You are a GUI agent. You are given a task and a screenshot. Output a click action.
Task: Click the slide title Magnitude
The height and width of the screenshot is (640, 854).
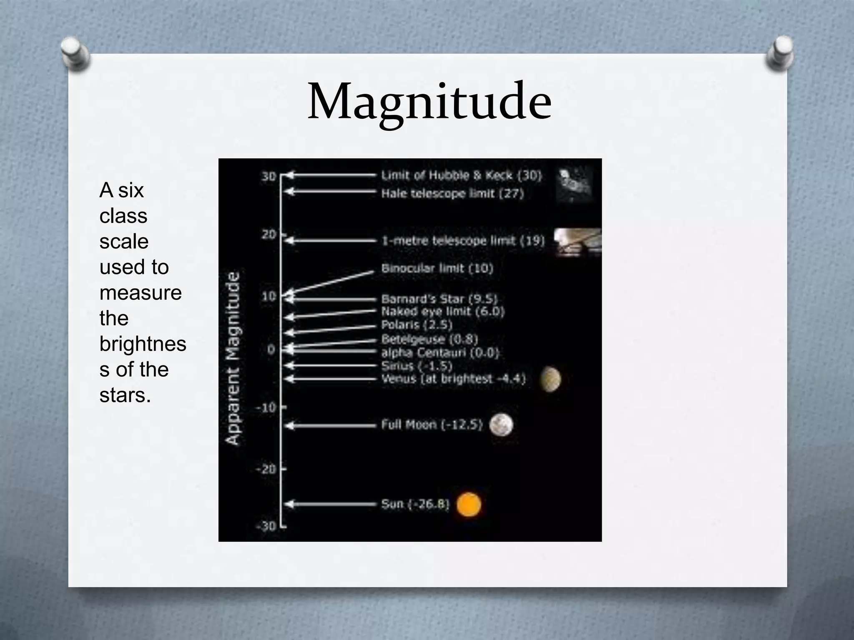(x=430, y=102)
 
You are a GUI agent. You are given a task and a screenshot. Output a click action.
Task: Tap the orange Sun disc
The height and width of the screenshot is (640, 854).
(x=469, y=504)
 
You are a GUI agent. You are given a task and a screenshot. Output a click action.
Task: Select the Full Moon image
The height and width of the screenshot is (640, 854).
(x=501, y=425)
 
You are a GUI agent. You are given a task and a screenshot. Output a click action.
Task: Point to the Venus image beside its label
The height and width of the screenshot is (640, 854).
(x=550, y=379)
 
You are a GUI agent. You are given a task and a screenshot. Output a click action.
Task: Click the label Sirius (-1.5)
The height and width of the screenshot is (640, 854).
(x=417, y=366)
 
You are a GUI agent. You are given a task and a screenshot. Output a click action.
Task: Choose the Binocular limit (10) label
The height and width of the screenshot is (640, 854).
(x=437, y=268)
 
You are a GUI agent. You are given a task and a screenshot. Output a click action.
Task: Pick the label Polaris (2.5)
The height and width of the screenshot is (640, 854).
(x=417, y=324)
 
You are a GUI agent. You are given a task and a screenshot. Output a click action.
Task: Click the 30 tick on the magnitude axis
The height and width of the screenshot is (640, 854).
(x=269, y=176)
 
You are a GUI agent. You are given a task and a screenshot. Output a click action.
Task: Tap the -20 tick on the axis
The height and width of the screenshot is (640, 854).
(x=266, y=469)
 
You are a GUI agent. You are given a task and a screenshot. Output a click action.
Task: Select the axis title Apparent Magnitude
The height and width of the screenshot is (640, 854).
(x=233, y=358)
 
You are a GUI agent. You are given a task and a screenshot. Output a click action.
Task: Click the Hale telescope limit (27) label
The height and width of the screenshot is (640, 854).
(x=452, y=193)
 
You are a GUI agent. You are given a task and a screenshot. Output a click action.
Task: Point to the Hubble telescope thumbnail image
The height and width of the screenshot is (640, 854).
(x=575, y=185)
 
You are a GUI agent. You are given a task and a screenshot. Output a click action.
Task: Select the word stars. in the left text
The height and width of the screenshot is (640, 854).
(x=125, y=395)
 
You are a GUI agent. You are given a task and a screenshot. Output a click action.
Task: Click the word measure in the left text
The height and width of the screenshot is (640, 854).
(x=141, y=292)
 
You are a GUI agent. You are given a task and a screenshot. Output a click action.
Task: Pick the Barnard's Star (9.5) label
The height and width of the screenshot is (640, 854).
(x=439, y=299)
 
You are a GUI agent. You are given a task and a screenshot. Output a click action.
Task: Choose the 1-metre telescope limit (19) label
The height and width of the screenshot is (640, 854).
(x=463, y=240)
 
